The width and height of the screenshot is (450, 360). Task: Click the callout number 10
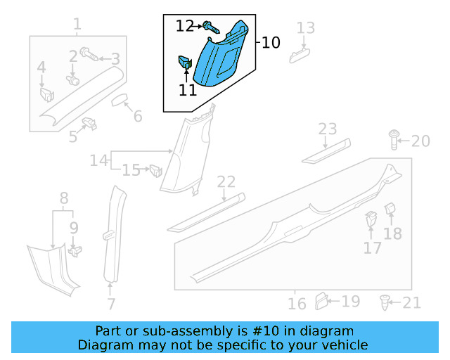[270, 43]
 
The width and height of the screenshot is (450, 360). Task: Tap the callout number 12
[185, 26]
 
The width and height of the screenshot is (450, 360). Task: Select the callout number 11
[188, 89]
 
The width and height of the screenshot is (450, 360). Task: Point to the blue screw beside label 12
[211, 28]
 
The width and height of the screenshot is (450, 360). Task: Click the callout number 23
[328, 129]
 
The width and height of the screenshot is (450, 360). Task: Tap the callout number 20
[420, 141]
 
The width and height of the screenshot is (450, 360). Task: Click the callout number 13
[305, 29]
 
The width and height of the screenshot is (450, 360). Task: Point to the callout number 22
[226, 182]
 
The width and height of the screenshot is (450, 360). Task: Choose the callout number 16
[297, 303]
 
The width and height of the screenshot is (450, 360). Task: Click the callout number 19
[350, 302]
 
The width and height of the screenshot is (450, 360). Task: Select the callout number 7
[110, 304]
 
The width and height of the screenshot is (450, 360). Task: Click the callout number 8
[63, 198]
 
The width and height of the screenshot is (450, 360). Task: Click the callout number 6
[137, 116]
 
